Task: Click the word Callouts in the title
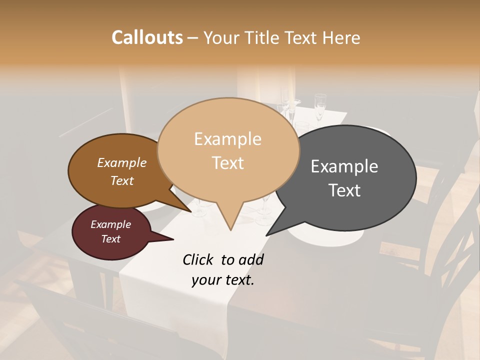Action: pos(147,38)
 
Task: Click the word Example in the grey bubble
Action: pos(344,166)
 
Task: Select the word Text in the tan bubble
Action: pos(228,163)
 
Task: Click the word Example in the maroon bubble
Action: pos(111,224)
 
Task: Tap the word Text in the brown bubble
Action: pos(122,180)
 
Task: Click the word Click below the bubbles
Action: pos(198,260)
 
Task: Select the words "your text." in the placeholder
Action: pos(223,280)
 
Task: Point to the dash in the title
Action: pos(193,38)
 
